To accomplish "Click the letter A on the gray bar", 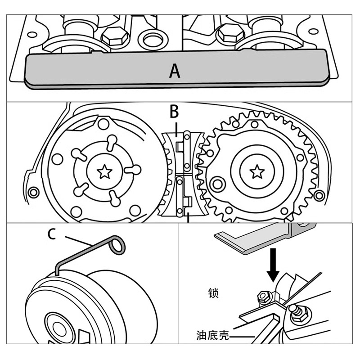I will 175,71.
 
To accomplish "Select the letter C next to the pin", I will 52,234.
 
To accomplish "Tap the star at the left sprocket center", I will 105,171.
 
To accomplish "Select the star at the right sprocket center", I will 257,171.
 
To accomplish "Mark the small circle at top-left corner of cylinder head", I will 31,34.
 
